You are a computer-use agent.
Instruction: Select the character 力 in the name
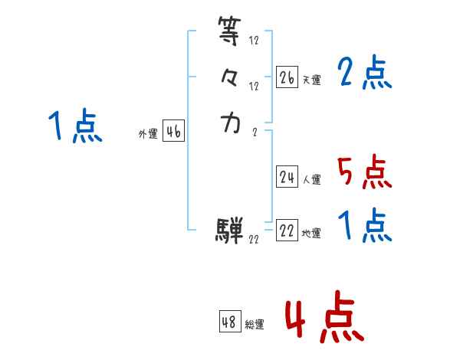click(230, 123)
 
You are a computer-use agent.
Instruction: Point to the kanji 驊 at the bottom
click(230, 228)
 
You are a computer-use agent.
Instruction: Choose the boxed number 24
click(287, 177)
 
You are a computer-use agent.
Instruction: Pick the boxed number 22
click(287, 231)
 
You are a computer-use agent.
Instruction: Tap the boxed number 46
click(173, 132)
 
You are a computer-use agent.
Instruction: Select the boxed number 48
click(229, 322)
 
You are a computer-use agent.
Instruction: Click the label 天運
click(311, 80)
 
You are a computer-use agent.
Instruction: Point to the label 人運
click(311, 180)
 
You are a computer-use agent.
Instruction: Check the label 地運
click(311, 234)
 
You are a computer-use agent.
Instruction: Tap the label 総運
click(255, 325)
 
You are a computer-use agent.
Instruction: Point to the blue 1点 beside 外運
click(74, 126)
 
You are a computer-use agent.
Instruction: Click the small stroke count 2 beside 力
click(255, 131)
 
